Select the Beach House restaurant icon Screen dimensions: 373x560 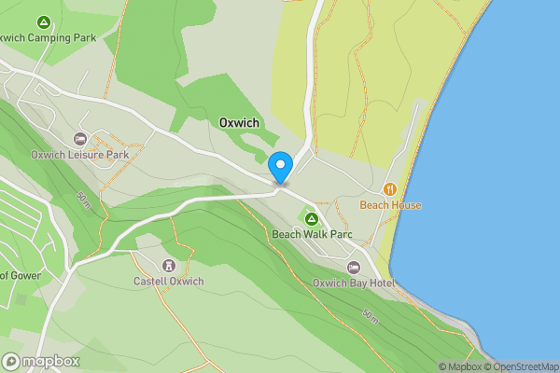pos(391,189)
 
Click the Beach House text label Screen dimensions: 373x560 pos(391,205)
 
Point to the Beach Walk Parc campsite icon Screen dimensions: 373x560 pos(312,218)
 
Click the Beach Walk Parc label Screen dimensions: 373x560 pos(312,234)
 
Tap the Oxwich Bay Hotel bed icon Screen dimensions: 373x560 pos(354,268)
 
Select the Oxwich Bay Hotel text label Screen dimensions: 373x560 pos(354,283)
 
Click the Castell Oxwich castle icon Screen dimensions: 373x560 pos(168,265)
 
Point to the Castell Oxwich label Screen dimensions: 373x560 pos(168,281)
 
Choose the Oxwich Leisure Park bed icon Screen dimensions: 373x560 pos(79,138)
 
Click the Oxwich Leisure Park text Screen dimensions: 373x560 pos(79,154)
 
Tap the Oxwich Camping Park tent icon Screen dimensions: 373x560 pos(43,21)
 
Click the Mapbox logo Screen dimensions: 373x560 pos(41,361)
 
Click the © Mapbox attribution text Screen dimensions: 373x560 pos(461,366)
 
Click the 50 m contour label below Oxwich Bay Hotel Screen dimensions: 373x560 pos(371,317)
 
